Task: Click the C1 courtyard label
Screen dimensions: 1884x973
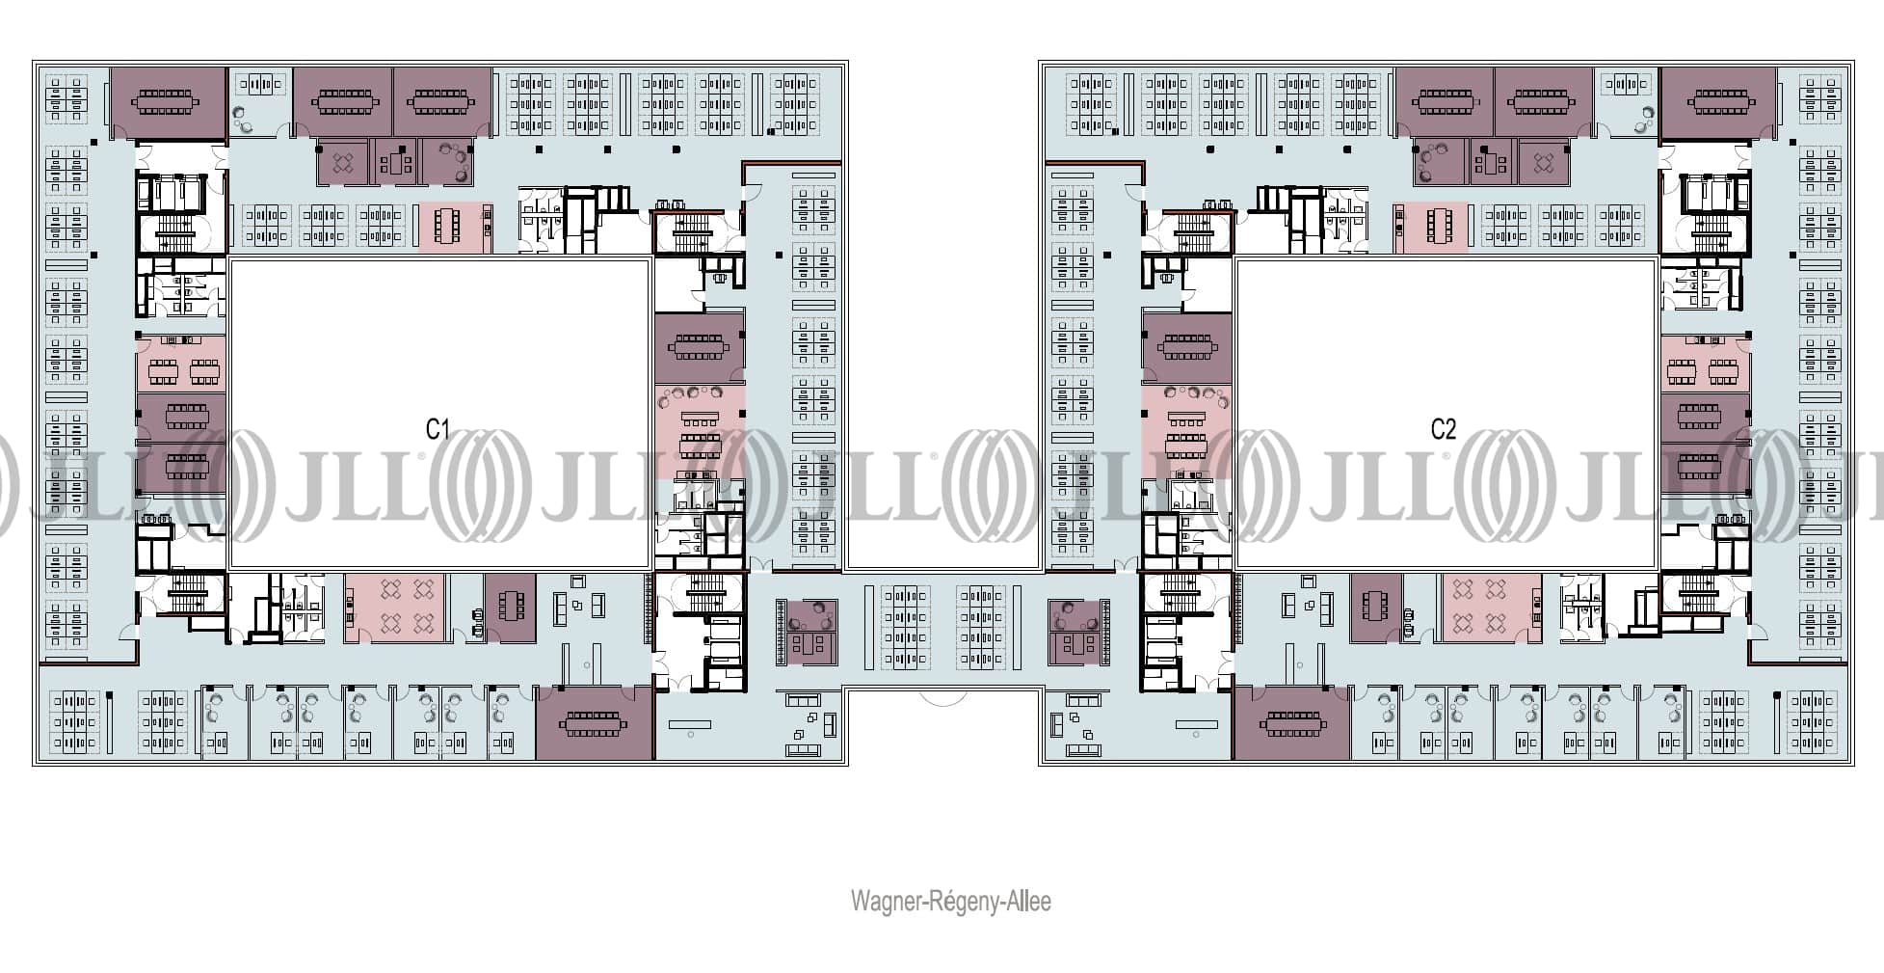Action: [x=438, y=429]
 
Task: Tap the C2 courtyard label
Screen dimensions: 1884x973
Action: [x=1443, y=429]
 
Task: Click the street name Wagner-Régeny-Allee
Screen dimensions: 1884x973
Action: [x=950, y=902]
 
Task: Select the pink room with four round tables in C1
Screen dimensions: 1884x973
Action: [x=395, y=608]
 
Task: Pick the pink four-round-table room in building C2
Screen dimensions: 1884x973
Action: [x=1491, y=608]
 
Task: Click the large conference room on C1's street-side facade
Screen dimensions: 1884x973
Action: [x=595, y=723]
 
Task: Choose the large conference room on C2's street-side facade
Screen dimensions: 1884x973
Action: [x=1292, y=723]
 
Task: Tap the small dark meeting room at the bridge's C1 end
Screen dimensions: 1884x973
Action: [x=808, y=632]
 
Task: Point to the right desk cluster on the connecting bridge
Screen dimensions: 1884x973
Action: [x=981, y=627]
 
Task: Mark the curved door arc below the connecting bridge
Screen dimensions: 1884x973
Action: [x=943, y=696]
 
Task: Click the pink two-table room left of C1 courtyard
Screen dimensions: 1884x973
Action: [x=181, y=365]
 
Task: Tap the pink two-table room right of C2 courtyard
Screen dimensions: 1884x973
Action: [x=1704, y=365]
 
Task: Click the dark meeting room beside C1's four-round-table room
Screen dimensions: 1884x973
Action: [x=510, y=608]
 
